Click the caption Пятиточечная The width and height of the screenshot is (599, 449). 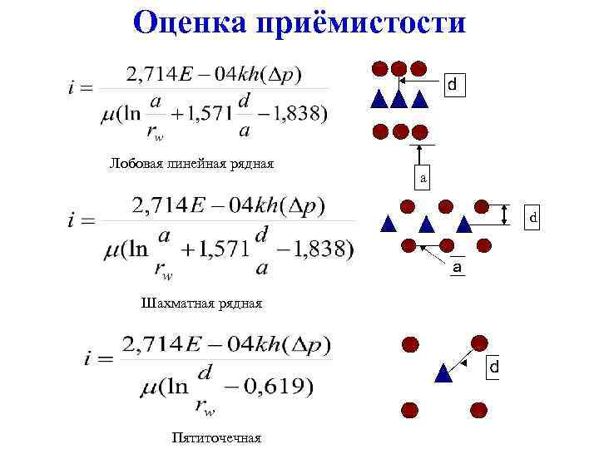[x=216, y=437]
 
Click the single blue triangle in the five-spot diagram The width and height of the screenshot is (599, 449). [x=444, y=373]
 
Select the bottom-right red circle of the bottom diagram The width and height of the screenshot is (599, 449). [x=478, y=408]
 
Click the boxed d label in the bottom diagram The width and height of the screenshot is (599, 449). [x=493, y=366]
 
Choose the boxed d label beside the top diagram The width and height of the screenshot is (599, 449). [x=452, y=85]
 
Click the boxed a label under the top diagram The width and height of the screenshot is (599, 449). [x=423, y=177]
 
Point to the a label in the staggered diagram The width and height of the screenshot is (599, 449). [x=457, y=268]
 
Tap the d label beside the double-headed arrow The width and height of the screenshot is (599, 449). [x=534, y=217]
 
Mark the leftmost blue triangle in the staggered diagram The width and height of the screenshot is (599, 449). [x=388, y=223]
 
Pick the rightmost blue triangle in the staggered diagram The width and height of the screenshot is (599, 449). [x=464, y=223]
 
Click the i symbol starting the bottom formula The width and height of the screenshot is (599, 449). [x=88, y=360]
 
